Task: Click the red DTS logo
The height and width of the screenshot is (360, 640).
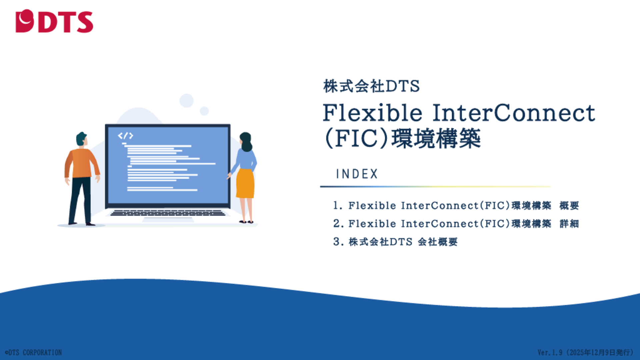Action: coord(54,21)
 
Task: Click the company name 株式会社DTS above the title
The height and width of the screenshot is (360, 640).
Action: coord(371,86)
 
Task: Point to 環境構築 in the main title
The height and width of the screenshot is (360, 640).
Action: coord(436,139)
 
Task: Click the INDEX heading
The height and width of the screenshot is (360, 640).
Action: coord(357,174)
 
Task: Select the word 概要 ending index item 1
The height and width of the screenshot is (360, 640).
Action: coord(569,206)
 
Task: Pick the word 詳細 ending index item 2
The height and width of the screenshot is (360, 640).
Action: coord(569,224)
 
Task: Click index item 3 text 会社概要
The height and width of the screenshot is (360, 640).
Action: coord(438,242)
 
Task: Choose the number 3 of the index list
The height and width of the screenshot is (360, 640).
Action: coord(337,241)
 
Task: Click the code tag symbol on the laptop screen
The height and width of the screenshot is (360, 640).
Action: coord(125,136)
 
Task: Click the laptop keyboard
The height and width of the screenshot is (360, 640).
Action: coord(168,213)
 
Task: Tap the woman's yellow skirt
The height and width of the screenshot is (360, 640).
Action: coord(245,183)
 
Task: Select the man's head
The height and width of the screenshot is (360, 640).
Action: coord(82,139)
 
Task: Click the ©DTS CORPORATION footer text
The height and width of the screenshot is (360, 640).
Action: coord(33,352)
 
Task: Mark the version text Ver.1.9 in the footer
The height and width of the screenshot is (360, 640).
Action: coord(550,352)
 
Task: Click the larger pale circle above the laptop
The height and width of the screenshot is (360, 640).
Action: coord(187,101)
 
